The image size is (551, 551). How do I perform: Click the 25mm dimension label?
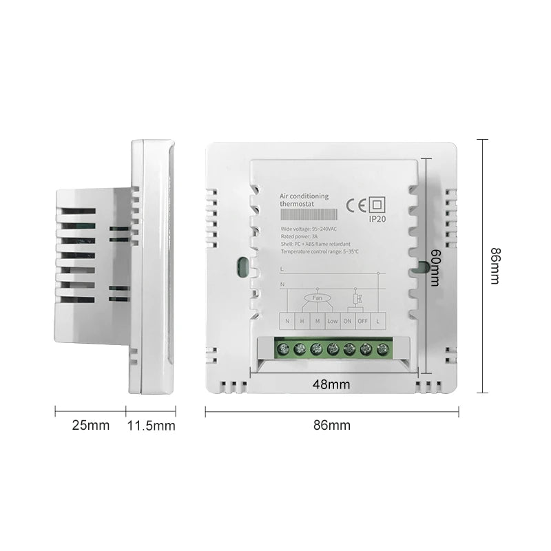click(x=90, y=426)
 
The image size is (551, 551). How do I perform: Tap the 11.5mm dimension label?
click(x=151, y=426)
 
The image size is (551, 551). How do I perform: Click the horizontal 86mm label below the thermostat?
click(x=332, y=425)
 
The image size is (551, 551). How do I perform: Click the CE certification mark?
click(x=355, y=204)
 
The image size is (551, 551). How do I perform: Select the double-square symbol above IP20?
click(x=377, y=205)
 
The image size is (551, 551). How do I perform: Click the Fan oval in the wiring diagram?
click(x=318, y=298)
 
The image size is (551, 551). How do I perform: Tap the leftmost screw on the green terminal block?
click(x=284, y=349)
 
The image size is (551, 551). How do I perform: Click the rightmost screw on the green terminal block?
click(x=382, y=349)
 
